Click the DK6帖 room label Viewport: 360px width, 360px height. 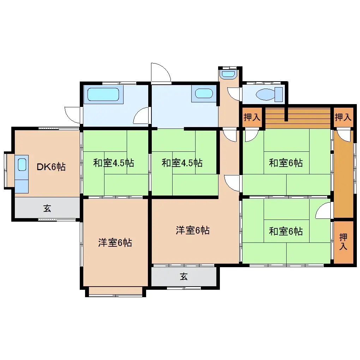[52, 167]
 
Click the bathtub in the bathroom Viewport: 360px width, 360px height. [103, 94]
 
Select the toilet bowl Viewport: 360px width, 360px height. [265, 95]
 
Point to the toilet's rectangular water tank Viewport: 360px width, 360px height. [279, 94]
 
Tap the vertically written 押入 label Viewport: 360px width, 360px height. [343, 242]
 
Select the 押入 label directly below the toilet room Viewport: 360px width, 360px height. [252, 117]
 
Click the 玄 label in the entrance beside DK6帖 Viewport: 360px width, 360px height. [47, 208]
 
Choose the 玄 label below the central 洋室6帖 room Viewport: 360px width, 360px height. [184, 277]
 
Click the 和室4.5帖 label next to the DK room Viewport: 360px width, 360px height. [114, 163]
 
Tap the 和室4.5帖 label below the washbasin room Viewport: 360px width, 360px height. [182, 163]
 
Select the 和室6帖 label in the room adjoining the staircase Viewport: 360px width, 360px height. [286, 163]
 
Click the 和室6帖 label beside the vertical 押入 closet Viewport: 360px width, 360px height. [286, 232]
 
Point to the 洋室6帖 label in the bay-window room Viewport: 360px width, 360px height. [115, 243]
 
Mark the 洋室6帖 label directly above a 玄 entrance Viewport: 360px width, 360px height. [193, 231]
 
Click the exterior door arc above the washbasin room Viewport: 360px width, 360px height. [161, 73]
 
